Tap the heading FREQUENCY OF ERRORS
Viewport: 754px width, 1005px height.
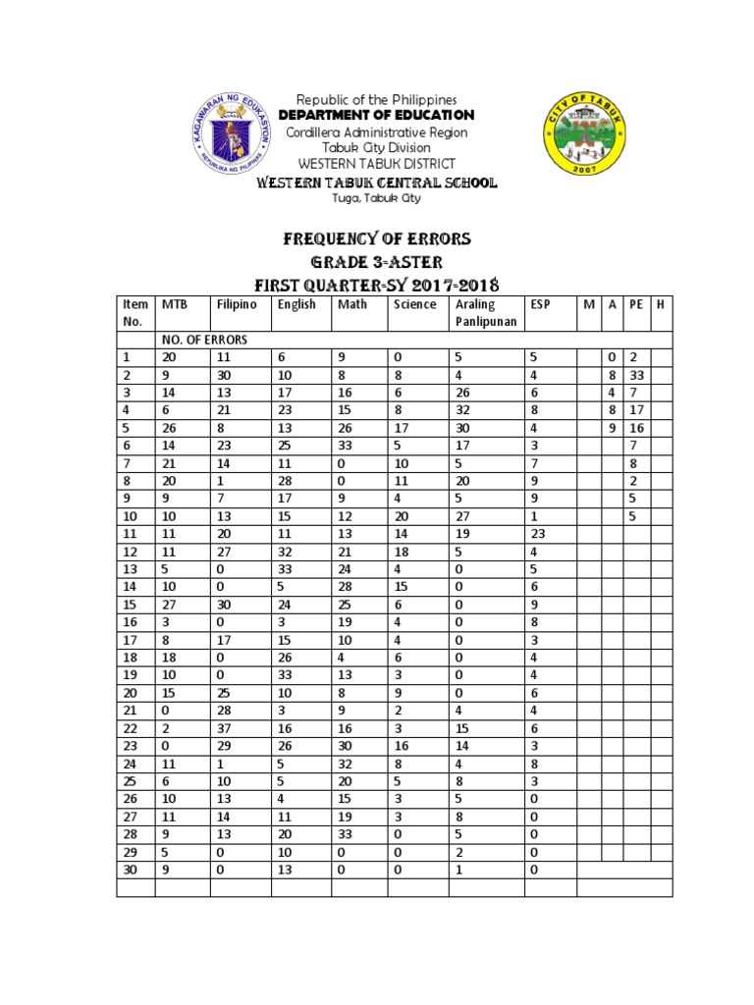377,238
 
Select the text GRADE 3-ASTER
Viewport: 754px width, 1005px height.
377,262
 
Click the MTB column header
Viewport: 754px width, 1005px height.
174,304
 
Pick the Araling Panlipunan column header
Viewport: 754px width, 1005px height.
476,313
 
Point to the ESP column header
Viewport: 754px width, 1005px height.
540,304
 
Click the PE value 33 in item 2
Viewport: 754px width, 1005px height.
638,375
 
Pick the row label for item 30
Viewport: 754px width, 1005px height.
131,869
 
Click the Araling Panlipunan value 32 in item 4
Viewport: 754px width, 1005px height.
462,410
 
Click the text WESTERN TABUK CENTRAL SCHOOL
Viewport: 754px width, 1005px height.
377,183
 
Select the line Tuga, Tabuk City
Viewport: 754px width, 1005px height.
377,198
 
